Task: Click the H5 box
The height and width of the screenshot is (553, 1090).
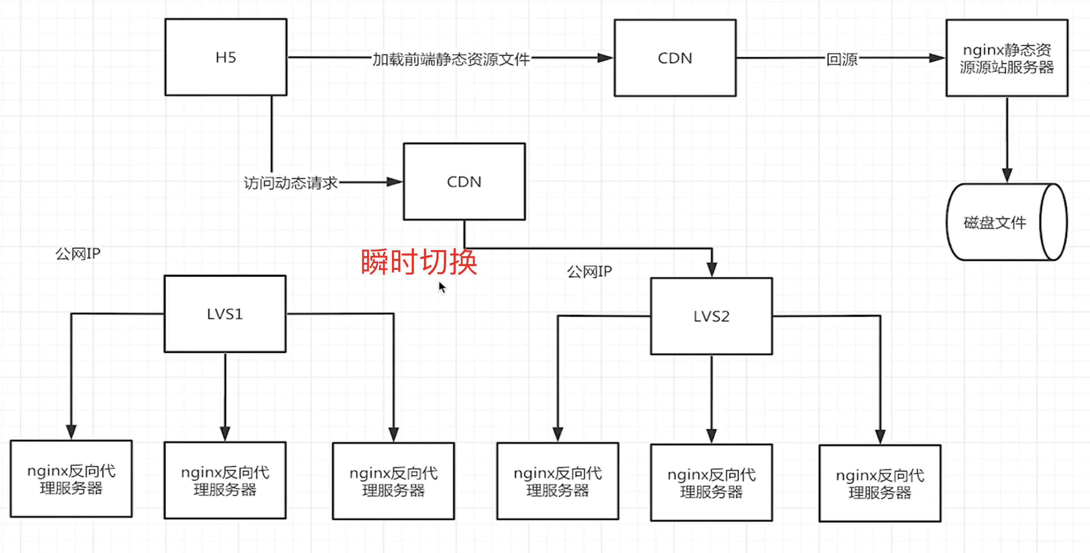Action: pos(226,57)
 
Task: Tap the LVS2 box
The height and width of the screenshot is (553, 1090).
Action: pos(711,316)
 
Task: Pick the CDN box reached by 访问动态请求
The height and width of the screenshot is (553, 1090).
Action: pos(464,182)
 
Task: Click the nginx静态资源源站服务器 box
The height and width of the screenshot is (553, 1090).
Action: pos(1007,58)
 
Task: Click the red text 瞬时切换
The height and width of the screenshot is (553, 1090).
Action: pos(419,262)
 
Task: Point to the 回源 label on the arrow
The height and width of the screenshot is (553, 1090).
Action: pos(842,59)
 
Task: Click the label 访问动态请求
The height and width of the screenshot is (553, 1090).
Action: pos(291,183)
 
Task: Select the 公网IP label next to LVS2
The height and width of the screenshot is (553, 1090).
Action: pos(589,272)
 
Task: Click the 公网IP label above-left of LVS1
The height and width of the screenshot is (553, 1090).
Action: pos(78,254)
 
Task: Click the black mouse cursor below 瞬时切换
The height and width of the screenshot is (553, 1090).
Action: pos(442,287)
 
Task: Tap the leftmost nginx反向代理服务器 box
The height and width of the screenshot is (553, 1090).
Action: pos(71,479)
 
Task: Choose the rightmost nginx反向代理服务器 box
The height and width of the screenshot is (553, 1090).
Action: pos(880,483)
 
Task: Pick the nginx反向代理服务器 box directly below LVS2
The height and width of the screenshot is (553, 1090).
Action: pos(711,483)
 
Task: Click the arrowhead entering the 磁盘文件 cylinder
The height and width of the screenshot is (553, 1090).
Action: pos(1007,175)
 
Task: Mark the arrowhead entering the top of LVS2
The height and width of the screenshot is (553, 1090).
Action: pos(712,269)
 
